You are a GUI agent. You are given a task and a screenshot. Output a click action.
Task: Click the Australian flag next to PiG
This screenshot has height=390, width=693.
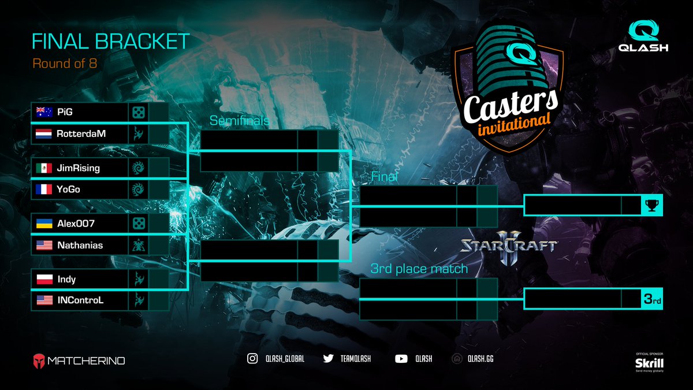tap(44, 112)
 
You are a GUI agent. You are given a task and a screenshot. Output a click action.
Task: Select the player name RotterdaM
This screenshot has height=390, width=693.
tap(81, 133)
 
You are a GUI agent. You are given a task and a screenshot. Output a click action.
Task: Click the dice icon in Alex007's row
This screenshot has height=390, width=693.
tap(139, 224)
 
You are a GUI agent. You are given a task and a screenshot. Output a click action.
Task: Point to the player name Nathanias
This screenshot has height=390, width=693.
tap(80, 246)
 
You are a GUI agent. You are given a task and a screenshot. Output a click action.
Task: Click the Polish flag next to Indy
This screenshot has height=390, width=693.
tap(44, 279)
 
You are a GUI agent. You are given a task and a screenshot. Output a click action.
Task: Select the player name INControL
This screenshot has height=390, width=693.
tap(80, 300)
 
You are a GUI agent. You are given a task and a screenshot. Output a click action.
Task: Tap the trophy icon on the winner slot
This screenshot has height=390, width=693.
tap(651, 205)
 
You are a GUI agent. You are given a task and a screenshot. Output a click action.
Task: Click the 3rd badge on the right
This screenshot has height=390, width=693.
tap(651, 300)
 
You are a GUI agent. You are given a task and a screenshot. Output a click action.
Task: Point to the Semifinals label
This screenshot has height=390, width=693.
tap(239, 121)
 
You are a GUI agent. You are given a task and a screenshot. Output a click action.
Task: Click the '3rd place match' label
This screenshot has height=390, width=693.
tap(419, 269)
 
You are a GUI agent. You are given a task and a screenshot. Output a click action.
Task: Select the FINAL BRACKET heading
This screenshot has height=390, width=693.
tap(110, 42)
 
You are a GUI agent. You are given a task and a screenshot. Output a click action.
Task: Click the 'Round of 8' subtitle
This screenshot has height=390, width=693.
tap(64, 64)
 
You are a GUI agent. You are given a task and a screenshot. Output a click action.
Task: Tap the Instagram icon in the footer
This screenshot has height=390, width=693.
tap(252, 359)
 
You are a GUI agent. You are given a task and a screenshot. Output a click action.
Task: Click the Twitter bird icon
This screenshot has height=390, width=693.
tap(329, 359)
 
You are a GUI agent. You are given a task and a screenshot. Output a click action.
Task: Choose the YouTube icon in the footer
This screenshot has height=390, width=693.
tap(401, 359)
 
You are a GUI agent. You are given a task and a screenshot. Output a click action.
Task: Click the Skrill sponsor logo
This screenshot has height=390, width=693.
tap(649, 363)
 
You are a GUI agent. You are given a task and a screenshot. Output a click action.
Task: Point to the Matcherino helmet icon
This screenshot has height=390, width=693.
tap(40, 361)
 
